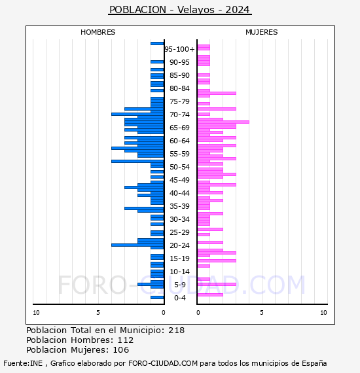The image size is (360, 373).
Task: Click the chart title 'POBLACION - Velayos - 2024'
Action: point(179,10)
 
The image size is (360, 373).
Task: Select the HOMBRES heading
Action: point(98,32)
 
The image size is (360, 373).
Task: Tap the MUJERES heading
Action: point(262,32)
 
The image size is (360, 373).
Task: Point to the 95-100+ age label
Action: point(179,49)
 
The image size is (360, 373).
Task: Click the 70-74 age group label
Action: point(179,115)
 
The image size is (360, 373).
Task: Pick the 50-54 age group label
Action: point(179,167)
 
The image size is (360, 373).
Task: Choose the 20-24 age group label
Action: point(179,245)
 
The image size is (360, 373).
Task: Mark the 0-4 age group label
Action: point(180,298)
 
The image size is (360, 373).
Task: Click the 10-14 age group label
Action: point(179,272)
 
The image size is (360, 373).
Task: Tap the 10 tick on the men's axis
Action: point(36,313)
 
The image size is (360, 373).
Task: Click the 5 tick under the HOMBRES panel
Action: point(98,313)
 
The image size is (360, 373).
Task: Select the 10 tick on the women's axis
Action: point(323,313)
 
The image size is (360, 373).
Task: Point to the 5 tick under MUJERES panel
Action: point(262,313)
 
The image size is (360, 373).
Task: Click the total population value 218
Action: point(176,330)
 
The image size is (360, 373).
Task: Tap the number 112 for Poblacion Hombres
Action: point(126,340)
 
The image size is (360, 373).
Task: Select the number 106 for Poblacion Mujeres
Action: point(121,349)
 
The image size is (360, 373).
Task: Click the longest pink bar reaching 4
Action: point(223,122)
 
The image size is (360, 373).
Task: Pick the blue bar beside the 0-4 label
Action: point(157,297)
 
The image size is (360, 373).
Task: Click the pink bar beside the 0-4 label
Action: point(210,295)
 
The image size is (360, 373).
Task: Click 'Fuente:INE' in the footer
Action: point(23,363)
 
